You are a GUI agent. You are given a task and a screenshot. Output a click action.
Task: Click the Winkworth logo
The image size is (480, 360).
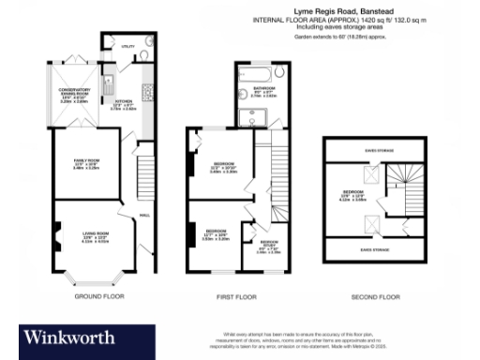70,336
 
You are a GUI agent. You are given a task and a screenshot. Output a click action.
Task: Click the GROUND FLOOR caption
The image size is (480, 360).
98,296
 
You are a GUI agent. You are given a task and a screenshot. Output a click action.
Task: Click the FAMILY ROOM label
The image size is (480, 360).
86,164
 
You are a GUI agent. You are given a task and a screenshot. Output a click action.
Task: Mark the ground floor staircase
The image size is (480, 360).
145,173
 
